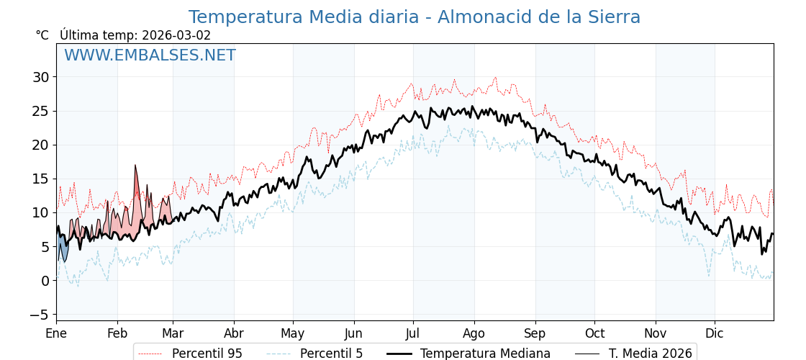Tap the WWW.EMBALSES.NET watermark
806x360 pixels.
(150, 55)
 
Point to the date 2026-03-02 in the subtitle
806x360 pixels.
(176, 35)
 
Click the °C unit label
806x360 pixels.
(42, 35)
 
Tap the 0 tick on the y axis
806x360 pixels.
(45, 281)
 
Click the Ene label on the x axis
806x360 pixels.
(56, 334)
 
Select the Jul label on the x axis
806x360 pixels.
(413, 334)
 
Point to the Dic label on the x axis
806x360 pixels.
(715, 334)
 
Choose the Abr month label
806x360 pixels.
(234, 334)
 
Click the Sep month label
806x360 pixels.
(535, 334)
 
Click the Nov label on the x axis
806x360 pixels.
(656, 334)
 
